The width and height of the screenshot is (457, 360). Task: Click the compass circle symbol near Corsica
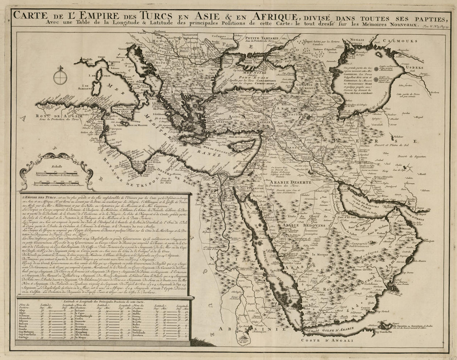point(61,77)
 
